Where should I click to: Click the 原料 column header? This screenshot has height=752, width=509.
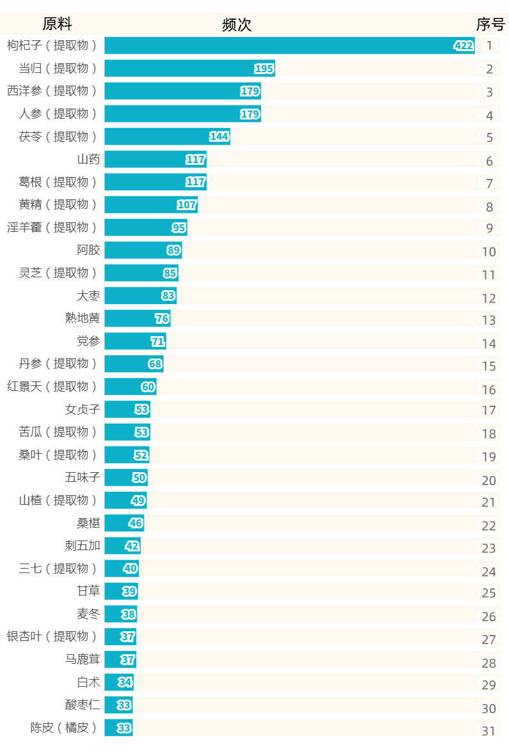57,24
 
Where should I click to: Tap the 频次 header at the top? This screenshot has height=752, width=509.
237,24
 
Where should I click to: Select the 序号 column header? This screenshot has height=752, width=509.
490,24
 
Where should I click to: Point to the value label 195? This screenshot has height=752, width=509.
264,68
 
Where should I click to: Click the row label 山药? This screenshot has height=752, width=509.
88,159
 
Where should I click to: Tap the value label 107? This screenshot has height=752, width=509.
187,205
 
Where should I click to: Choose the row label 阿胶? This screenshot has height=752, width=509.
88,250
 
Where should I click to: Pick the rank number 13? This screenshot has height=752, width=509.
489,320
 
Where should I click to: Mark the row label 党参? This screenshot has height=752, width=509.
88,341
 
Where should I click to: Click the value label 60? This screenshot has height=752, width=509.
148,387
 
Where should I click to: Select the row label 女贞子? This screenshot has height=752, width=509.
82,409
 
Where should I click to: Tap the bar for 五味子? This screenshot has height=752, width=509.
126,477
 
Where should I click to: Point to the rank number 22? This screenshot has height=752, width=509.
489,526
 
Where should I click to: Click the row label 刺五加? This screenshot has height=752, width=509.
82,546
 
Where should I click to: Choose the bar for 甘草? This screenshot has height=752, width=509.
121,591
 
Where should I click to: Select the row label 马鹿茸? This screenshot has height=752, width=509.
82,659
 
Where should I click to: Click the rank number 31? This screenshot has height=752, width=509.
489,731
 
